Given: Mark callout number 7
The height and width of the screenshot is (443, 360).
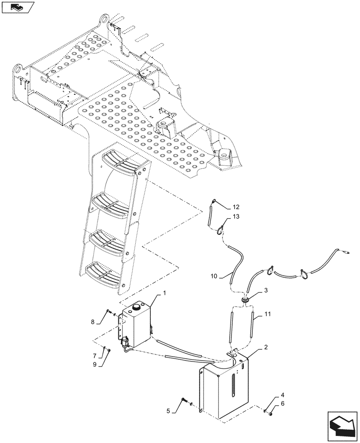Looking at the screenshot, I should [x=94, y=356].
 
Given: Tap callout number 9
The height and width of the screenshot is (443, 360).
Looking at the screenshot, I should [x=94, y=364].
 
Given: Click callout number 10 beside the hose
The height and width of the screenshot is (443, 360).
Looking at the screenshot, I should [x=214, y=276].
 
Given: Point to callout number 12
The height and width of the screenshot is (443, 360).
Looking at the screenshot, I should [x=235, y=207].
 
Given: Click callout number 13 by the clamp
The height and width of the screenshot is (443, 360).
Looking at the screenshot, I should [x=235, y=216].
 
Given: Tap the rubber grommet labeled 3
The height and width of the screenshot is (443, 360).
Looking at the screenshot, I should [x=245, y=299].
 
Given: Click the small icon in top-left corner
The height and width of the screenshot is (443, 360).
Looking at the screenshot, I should [x=18, y=7].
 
